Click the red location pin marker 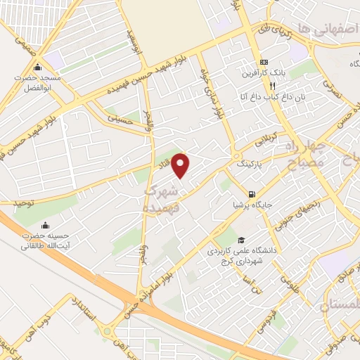(181, 165)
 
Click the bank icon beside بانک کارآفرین (264, 61)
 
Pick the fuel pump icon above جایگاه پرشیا (251, 193)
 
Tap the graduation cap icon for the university (241, 240)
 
